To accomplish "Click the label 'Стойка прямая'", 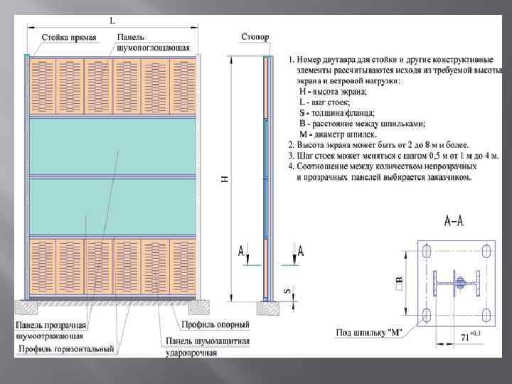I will [68, 37].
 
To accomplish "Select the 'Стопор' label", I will [255, 36].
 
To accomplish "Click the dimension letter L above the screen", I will [113, 21].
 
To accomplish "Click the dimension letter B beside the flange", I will [399, 284].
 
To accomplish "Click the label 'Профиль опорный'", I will [215, 326].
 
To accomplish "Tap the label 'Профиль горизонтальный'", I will [67, 348].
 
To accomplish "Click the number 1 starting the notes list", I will [291, 57].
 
